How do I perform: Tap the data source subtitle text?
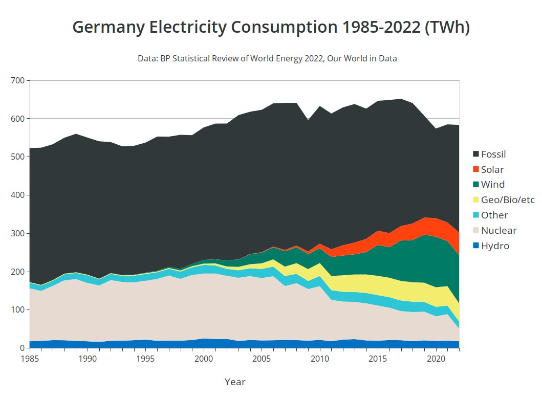pos(267,58)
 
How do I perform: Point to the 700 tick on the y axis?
pos(17,80)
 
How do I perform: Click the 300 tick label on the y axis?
pos(17,233)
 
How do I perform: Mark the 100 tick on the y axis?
pos(17,310)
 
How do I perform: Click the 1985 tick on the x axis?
pos(30,358)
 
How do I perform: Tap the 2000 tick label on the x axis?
pos(204,358)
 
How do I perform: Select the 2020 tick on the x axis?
pos(436,358)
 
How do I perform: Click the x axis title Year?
pos(235,382)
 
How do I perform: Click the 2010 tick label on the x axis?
pos(320,358)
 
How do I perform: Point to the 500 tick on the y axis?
pos(17,157)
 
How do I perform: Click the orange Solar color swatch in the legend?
pos(476,169)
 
